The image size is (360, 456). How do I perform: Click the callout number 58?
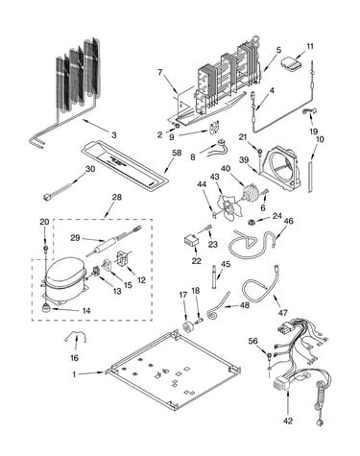click(177, 153)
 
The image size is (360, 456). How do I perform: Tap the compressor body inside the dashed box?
click(65, 276)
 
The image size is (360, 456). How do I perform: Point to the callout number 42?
click(288, 420)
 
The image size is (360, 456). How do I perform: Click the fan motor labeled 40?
click(251, 193)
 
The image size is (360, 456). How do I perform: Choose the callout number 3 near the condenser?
click(114, 135)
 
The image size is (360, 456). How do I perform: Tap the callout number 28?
click(117, 197)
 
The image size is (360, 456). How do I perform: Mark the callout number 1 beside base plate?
click(75, 374)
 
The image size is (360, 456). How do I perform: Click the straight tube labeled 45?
click(214, 277)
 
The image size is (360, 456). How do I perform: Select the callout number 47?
click(283, 313)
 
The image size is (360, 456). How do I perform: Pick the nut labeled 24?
click(252, 222)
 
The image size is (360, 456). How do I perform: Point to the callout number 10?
click(320, 139)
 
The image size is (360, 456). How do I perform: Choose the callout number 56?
click(252, 342)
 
